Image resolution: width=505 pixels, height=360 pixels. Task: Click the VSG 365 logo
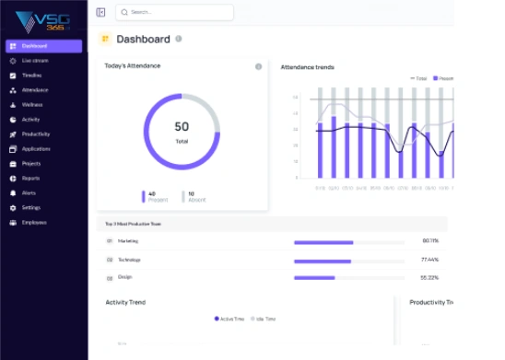tap(44, 19)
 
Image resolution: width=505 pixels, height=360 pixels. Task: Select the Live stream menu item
tap(34, 61)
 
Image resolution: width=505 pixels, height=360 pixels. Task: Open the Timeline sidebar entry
tap(31, 75)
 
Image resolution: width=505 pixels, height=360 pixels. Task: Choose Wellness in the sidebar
tap(32, 105)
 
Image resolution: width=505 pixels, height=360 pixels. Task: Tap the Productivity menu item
tap(35, 134)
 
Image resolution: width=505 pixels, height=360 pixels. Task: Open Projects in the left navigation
tap(31, 164)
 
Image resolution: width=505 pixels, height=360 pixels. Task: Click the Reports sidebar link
tap(30, 179)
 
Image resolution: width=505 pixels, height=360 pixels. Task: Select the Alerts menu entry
tap(29, 193)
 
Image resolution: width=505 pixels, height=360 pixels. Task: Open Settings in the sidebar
tap(31, 208)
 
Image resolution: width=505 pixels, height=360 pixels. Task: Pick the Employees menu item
tap(34, 223)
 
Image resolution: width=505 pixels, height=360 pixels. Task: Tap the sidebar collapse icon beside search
tap(100, 12)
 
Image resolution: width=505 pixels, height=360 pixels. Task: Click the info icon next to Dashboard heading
tap(179, 39)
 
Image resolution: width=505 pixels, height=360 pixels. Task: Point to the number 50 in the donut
tap(182, 127)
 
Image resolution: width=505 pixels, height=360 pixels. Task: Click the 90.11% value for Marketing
tap(429, 241)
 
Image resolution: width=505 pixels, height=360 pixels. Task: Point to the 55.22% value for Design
tap(429, 277)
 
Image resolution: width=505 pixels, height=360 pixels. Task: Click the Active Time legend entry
tap(231, 319)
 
